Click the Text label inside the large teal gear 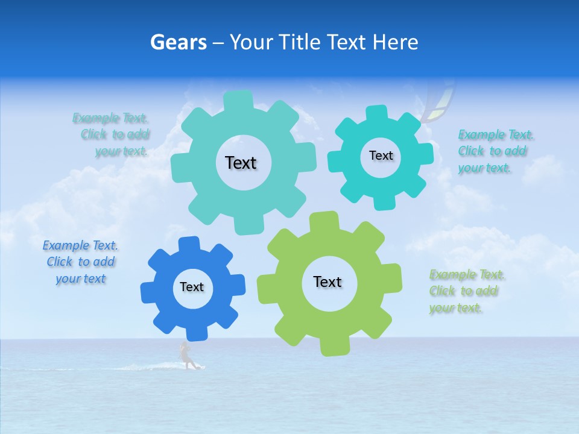tap(241, 163)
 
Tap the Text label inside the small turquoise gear tap(381, 156)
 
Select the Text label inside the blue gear tap(192, 287)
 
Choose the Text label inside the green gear tap(327, 281)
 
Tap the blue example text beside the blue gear tap(81, 262)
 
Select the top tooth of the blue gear tap(189, 244)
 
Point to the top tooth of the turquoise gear tap(377, 113)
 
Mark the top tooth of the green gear tap(323, 219)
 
